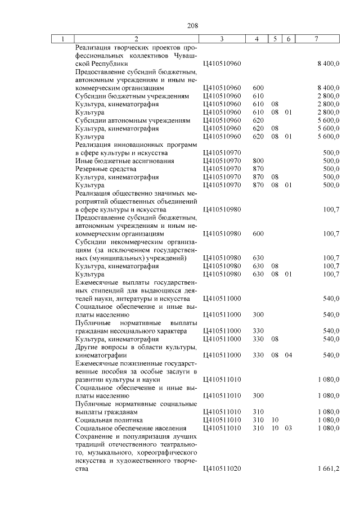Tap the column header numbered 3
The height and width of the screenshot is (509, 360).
(x=222, y=39)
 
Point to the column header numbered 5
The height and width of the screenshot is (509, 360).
(x=275, y=39)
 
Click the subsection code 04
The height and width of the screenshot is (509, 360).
(x=289, y=355)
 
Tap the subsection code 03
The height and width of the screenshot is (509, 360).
(x=289, y=428)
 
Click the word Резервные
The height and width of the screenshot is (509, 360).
(x=92, y=169)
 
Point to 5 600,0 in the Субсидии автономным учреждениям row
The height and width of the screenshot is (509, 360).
(x=328, y=120)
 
